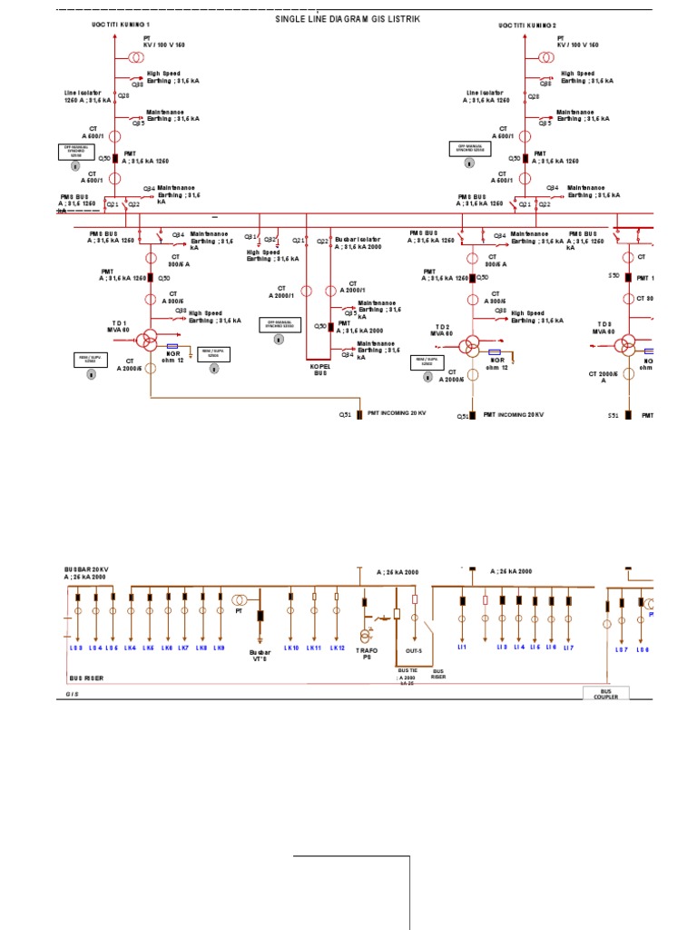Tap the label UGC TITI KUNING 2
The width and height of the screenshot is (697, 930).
pyautogui.click(x=527, y=25)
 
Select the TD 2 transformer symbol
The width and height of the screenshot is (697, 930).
pyautogui.click(x=470, y=346)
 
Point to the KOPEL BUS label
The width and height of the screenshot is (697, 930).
pyautogui.click(x=319, y=370)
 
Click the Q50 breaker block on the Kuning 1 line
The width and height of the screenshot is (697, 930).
pyautogui.click(x=115, y=158)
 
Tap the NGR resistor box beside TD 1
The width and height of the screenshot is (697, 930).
pyautogui.click(x=172, y=346)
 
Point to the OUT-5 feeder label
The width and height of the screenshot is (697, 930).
pyautogui.click(x=414, y=651)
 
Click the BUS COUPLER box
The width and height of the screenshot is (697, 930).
pyautogui.click(x=605, y=693)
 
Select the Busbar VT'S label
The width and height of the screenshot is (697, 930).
pyautogui.click(x=260, y=655)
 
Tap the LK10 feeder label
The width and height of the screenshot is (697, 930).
pyautogui.click(x=291, y=648)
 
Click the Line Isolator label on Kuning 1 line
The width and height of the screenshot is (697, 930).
pyautogui.click(x=87, y=96)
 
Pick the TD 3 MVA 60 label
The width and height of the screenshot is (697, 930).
pyautogui.click(x=604, y=327)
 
